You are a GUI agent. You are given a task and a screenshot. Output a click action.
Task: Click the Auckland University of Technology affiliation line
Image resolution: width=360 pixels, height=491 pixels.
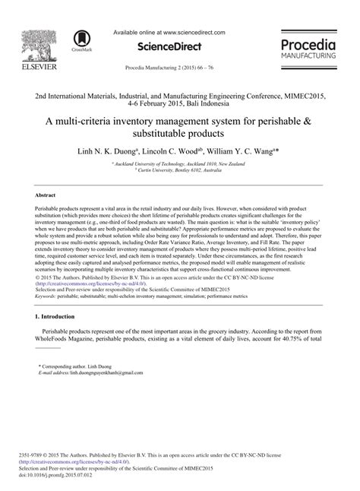[179, 163]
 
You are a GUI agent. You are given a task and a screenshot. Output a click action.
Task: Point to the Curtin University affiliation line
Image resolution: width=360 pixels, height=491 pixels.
[179, 170]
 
